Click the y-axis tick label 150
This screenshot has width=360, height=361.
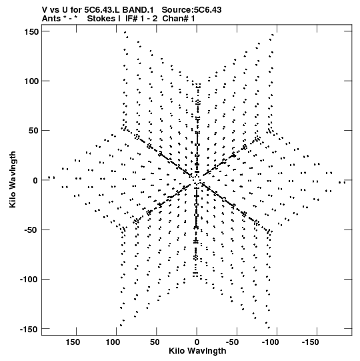click(x=31, y=31)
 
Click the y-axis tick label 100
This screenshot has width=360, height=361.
click(x=31, y=81)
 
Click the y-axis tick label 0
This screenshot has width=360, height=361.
click(x=35, y=180)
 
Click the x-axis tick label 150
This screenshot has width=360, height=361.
click(x=73, y=342)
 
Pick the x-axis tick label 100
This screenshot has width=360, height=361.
click(x=113, y=342)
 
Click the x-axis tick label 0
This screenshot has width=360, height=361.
click(x=197, y=342)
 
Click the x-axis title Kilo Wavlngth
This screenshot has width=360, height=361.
click(x=197, y=351)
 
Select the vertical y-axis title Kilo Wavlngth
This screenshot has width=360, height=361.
click(x=13, y=179)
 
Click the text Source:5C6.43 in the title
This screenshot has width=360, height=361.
click(x=191, y=10)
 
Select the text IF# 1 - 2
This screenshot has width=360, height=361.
click(x=141, y=19)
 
